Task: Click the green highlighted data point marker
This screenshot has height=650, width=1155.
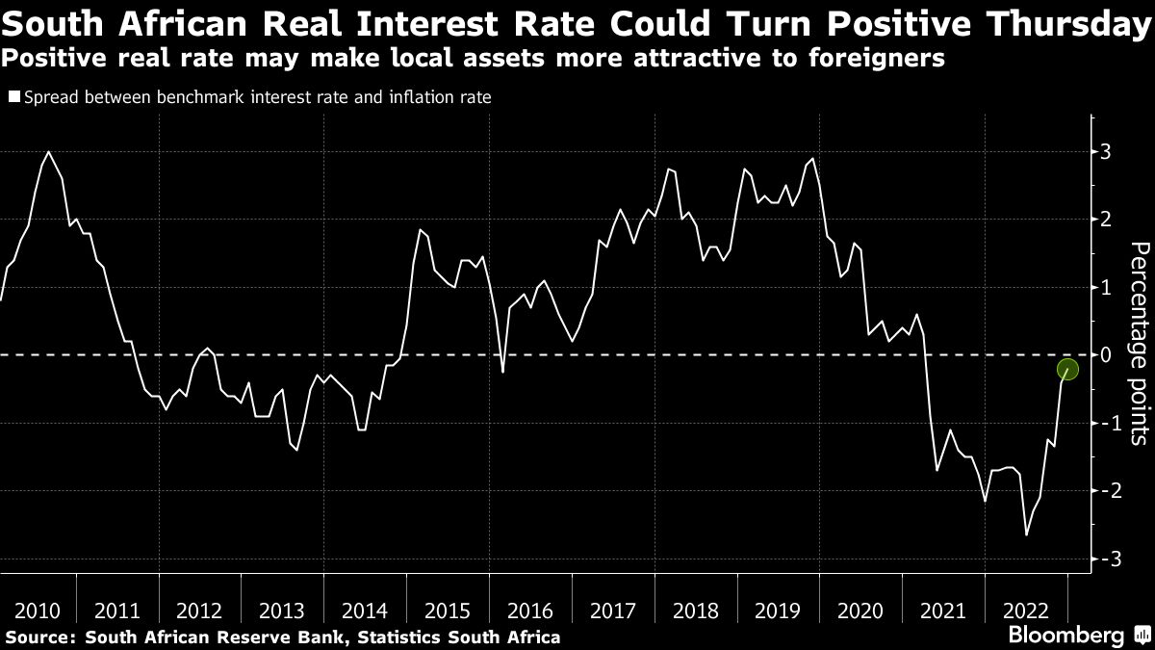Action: pyautogui.click(x=1067, y=369)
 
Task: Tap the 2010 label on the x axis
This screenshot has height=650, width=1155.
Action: pyautogui.click(x=38, y=611)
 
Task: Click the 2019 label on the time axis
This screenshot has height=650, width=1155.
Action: pyautogui.click(x=779, y=611)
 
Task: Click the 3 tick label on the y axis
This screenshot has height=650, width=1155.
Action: pyautogui.click(x=1106, y=152)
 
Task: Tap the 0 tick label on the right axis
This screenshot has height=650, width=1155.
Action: pyautogui.click(x=1106, y=355)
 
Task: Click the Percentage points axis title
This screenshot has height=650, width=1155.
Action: pyautogui.click(x=1138, y=355)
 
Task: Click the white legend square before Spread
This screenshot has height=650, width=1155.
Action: pyautogui.click(x=13, y=96)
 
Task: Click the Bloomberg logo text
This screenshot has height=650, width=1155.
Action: pyautogui.click(x=1065, y=636)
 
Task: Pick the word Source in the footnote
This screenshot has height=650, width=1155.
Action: pyautogui.click(x=38, y=637)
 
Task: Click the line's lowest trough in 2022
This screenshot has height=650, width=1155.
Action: pyautogui.click(x=1026, y=534)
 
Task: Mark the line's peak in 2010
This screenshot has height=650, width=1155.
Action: pyautogui.click(x=48, y=152)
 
